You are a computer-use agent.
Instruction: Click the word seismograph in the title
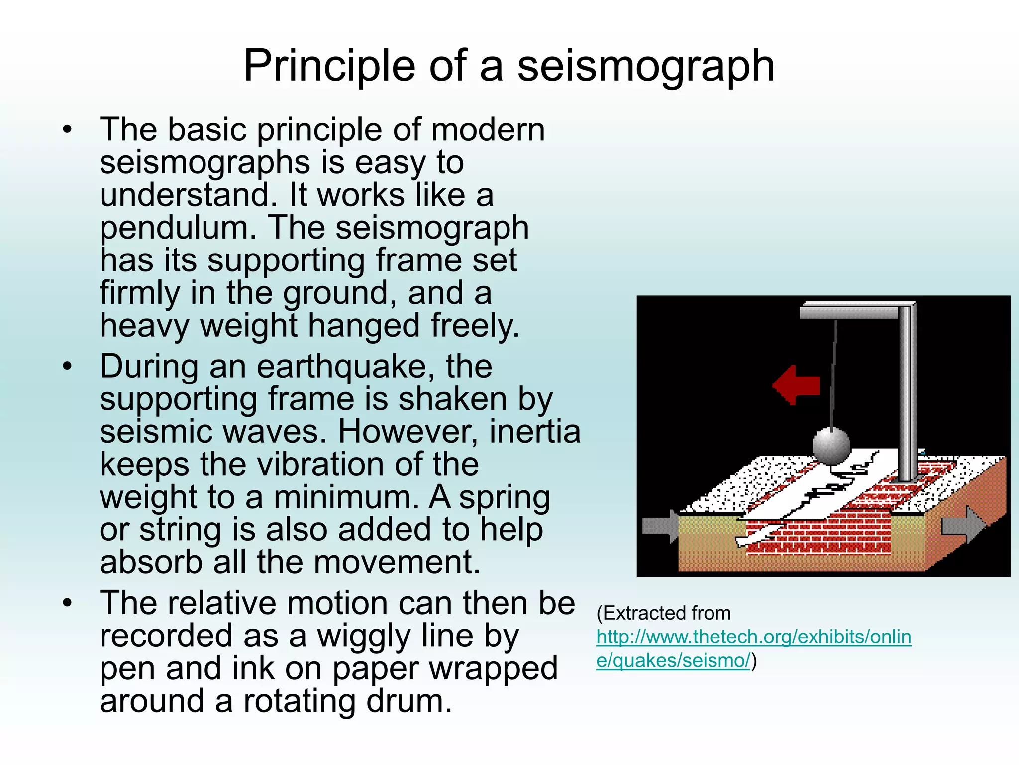tap(646, 66)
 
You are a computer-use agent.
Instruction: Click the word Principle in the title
tap(329, 66)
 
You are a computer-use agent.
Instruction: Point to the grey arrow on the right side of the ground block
tap(963, 525)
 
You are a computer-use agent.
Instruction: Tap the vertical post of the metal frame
tap(907, 393)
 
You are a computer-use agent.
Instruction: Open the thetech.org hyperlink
tap(753, 637)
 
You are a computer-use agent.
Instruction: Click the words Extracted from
tap(664, 613)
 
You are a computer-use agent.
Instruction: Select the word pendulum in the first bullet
tap(178, 228)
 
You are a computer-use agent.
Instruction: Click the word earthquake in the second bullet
tap(342, 367)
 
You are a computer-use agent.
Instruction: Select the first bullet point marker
tap(68, 130)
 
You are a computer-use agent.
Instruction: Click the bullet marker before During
tap(68, 367)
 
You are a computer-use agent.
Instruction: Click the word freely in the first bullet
tap(475, 326)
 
